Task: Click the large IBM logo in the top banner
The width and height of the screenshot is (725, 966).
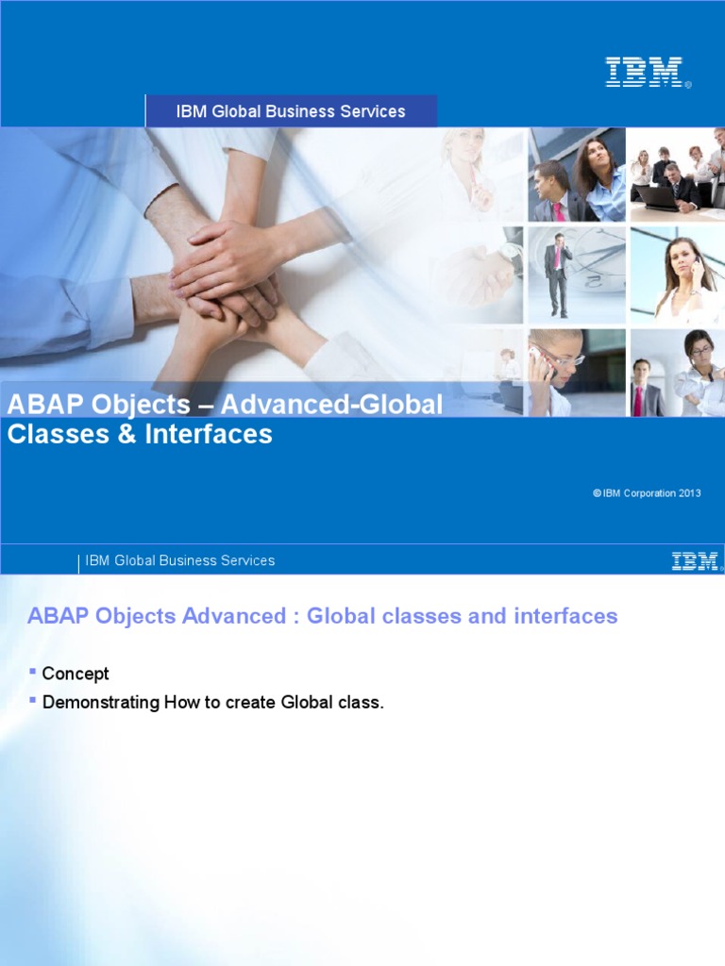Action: point(645,72)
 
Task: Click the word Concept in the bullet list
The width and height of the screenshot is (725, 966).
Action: point(76,674)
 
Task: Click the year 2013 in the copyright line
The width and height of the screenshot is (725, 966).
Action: point(690,492)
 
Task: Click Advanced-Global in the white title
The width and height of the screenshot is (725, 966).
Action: point(331,405)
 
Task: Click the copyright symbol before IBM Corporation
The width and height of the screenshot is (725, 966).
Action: point(597,492)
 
